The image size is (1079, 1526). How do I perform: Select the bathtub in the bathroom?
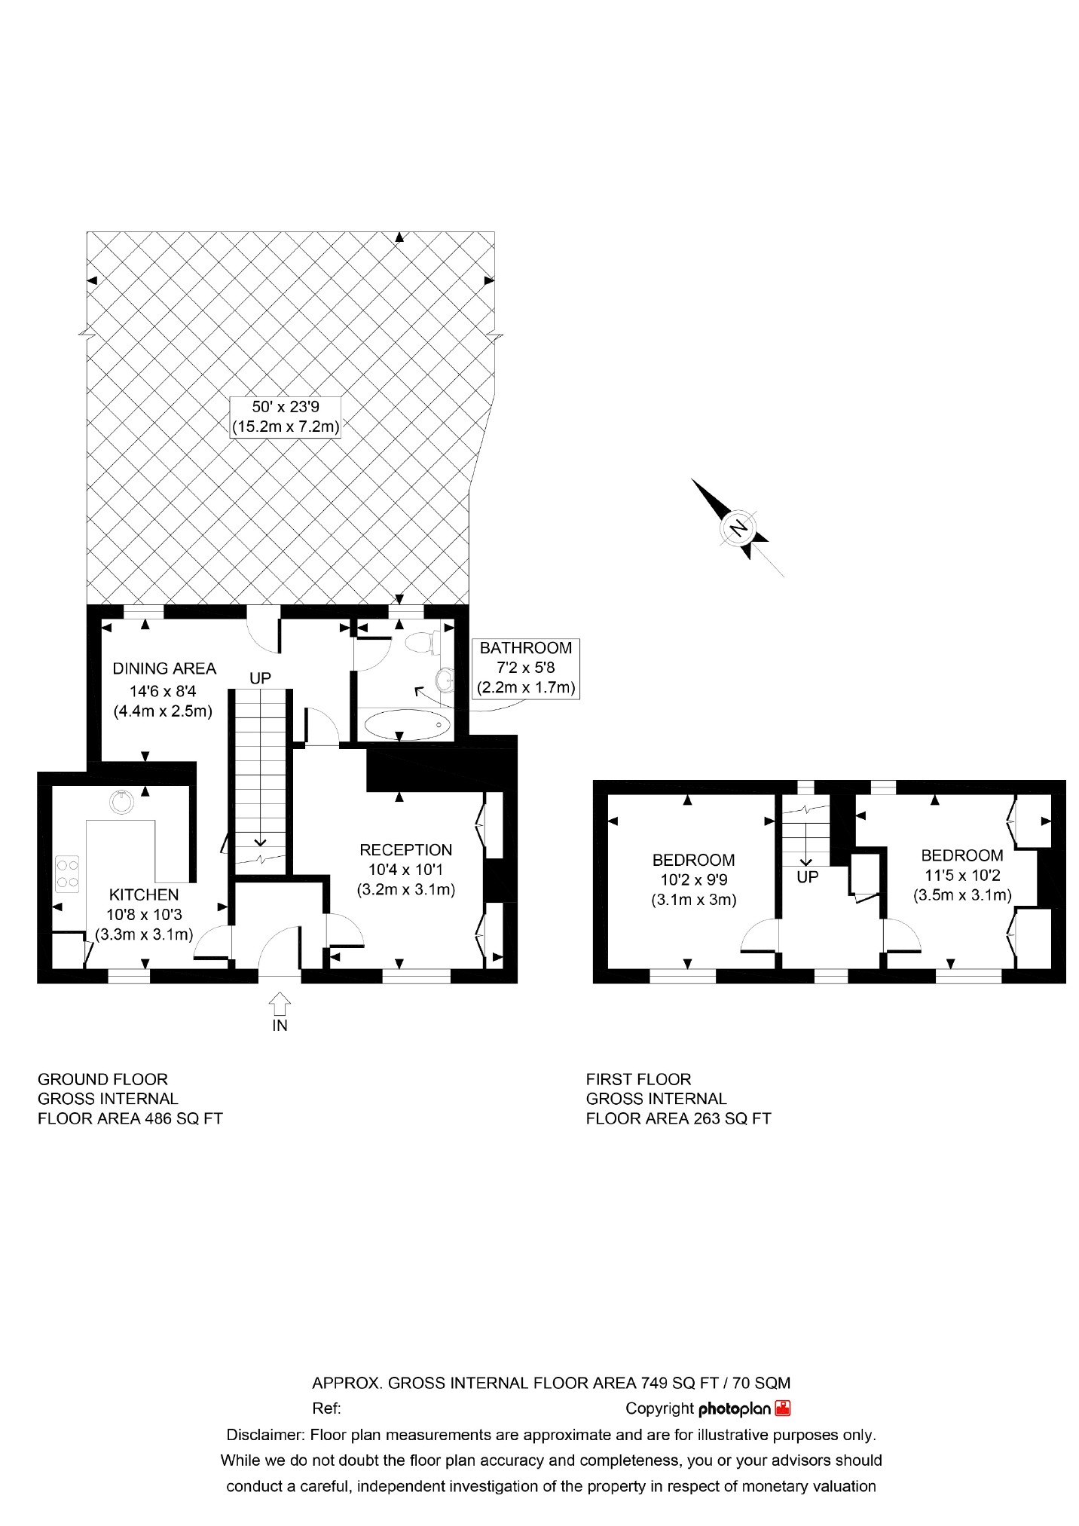pyautogui.click(x=407, y=726)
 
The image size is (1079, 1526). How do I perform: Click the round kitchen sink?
pyautogui.click(x=122, y=801)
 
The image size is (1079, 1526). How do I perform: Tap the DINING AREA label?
pyautogui.click(x=164, y=668)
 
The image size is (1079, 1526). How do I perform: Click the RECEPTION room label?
pyautogui.click(x=405, y=850)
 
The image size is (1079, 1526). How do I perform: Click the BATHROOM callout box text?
pyautogui.click(x=526, y=648)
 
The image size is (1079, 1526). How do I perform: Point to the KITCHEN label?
pyautogui.click(x=144, y=894)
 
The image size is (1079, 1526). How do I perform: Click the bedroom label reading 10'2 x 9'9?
pyautogui.click(x=693, y=879)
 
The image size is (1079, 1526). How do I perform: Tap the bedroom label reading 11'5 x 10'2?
pyautogui.click(x=962, y=876)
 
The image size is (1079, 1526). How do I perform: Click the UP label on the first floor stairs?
pyautogui.click(x=807, y=878)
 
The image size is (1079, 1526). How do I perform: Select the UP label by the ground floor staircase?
pyautogui.click(x=260, y=678)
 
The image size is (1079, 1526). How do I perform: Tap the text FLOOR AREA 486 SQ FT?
pyautogui.click(x=130, y=1118)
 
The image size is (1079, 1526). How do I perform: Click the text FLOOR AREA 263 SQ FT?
pyautogui.click(x=678, y=1118)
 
